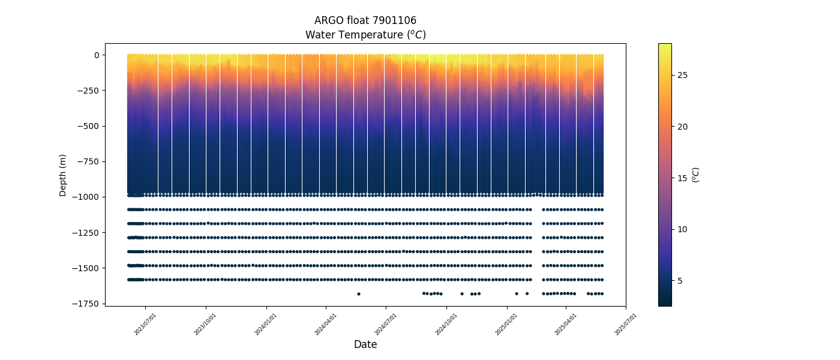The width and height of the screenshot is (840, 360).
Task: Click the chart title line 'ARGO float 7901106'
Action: pyautogui.click(x=365, y=20)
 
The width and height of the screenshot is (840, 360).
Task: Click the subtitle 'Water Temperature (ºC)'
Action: pyautogui.click(x=365, y=35)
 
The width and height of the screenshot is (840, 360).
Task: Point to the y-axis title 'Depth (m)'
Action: pyautogui.click(x=63, y=175)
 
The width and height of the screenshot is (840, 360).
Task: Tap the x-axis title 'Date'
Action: pyautogui.click(x=365, y=344)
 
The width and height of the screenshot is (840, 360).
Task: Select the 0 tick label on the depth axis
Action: pyautogui.click(x=95, y=55)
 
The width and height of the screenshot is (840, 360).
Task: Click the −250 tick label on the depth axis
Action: pyautogui.click(x=89, y=91)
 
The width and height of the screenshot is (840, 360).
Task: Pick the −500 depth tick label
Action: pyautogui.click(x=89, y=126)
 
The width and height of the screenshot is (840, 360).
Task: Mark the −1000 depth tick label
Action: pyautogui.click(x=87, y=197)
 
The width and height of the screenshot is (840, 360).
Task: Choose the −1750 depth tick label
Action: pyautogui.click(x=87, y=304)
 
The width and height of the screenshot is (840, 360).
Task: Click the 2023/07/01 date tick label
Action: pyautogui.click(x=146, y=323)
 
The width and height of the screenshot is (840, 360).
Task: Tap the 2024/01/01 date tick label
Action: pyautogui.click(x=266, y=323)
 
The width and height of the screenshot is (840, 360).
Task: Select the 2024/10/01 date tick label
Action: pyautogui.click(x=446, y=323)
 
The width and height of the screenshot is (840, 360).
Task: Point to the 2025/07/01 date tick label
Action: pyautogui.click(x=626, y=323)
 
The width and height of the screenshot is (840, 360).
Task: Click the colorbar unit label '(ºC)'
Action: pyautogui.click(x=695, y=175)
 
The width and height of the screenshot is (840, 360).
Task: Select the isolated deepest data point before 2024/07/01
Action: pyautogui.click(x=359, y=294)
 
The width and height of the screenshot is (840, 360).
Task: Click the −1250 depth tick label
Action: pyautogui.click(x=87, y=232)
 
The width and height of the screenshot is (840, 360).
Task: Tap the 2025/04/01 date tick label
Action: pyautogui.click(x=566, y=323)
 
